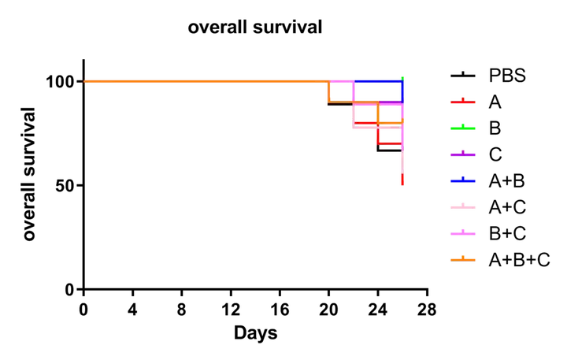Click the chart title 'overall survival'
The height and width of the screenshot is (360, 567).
(x=255, y=27)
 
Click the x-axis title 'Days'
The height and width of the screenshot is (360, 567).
(x=256, y=333)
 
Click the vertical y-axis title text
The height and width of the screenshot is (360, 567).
(x=29, y=174)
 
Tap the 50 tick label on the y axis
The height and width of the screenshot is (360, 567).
(x=65, y=186)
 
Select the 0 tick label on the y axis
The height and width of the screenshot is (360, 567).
(x=70, y=290)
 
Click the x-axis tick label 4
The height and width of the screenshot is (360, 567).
(x=133, y=310)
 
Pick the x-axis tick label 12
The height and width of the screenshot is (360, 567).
(x=231, y=310)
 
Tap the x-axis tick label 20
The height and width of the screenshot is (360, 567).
(x=328, y=310)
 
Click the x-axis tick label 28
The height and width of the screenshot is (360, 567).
(x=427, y=310)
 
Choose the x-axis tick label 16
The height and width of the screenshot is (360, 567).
(x=280, y=310)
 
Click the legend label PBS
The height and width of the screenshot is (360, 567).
(x=507, y=76)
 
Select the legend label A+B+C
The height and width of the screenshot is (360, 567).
(x=519, y=260)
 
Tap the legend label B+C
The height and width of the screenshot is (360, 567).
(x=507, y=233)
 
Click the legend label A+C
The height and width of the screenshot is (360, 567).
(x=507, y=207)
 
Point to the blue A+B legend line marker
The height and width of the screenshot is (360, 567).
(x=463, y=180)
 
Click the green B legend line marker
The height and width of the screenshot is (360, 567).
(x=463, y=128)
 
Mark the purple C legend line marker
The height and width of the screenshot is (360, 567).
(x=463, y=154)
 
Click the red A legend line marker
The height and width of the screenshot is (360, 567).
(x=463, y=102)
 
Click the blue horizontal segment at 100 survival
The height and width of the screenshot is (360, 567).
(x=378, y=81)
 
